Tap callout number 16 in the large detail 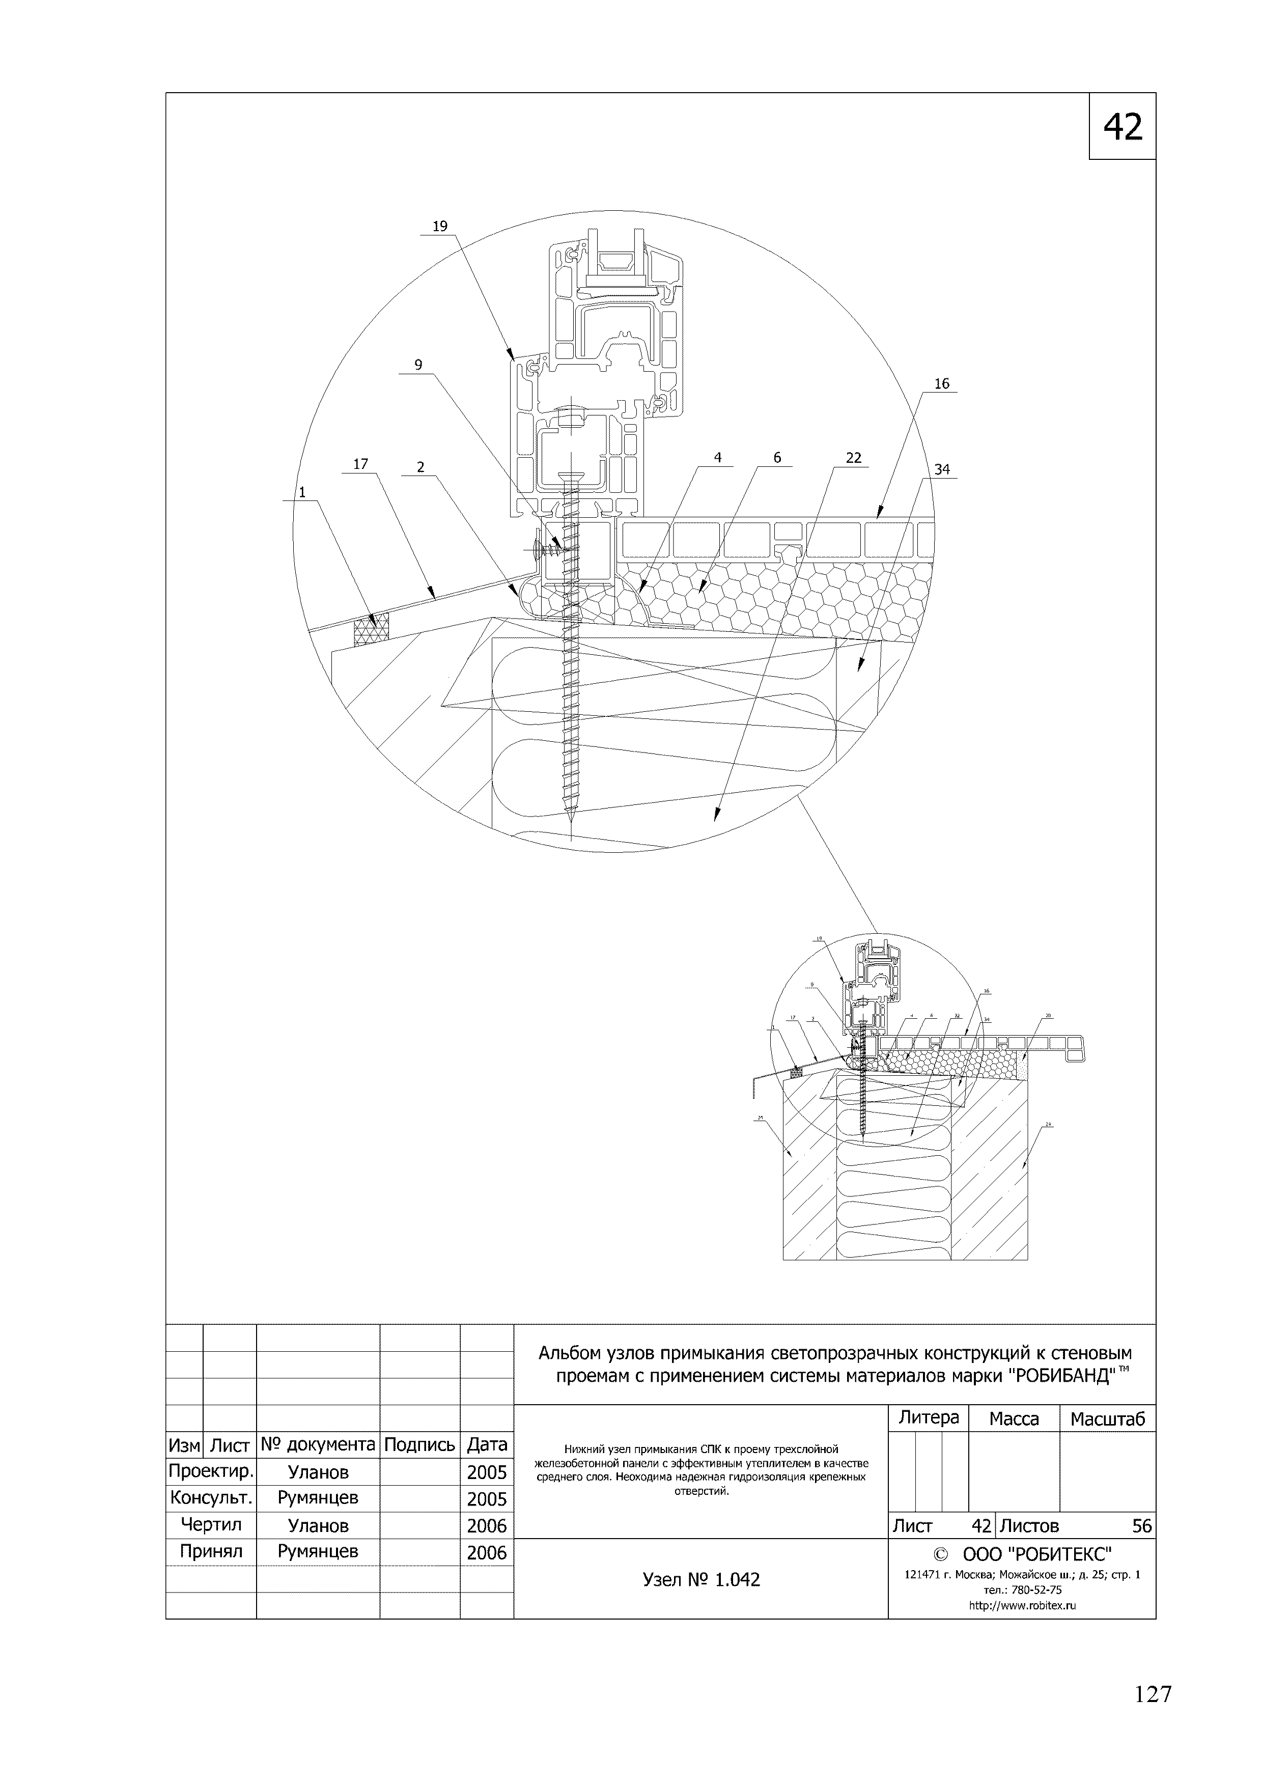tap(942, 384)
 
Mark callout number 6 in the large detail tap(777, 458)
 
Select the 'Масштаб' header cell tap(1107, 1419)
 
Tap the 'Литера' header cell tap(929, 1418)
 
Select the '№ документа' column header tap(318, 1444)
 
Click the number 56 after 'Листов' tap(1141, 1526)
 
